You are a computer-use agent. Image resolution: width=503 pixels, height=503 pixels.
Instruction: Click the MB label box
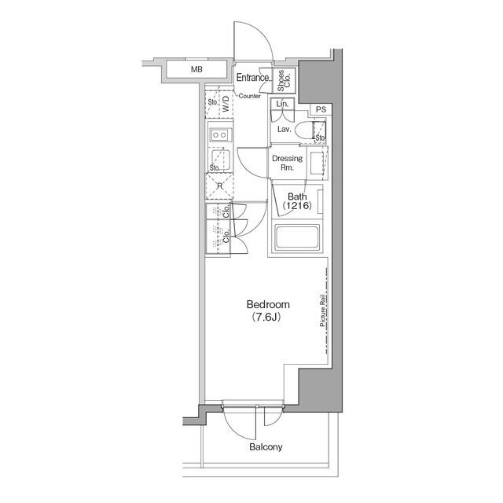(x=196, y=70)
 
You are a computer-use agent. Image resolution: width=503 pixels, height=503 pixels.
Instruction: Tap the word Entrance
(x=254, y=77)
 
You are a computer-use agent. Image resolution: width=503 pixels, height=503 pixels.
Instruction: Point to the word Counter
(x=250, y=96)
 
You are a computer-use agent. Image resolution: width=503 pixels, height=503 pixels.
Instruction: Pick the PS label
(x=321, y=109)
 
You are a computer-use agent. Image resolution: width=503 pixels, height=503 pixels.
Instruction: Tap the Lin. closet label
(x=282, y=105)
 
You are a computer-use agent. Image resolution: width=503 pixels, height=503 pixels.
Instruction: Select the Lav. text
(x=285, y=127)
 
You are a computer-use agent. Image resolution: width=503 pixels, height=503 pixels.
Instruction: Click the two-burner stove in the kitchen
(x=219, y=135)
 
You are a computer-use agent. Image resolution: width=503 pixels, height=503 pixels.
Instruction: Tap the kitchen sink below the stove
(x=219, y=158)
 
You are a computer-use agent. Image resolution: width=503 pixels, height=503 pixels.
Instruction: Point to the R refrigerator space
(x=219, y=185)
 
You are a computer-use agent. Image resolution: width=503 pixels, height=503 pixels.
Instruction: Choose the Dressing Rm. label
(x=287, y=163)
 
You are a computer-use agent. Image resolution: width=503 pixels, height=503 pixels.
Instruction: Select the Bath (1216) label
(x=297, y=201)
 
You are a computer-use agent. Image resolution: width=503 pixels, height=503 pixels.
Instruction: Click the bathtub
(x=297, y=237)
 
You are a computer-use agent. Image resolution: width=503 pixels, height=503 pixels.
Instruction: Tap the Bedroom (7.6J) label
(x=269, y=310)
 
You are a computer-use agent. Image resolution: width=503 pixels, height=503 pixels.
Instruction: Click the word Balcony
(x=266, y=447)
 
